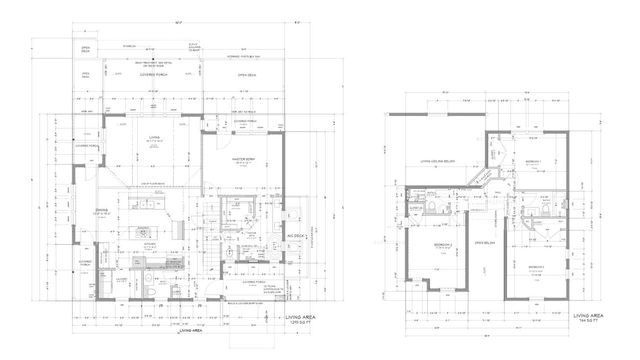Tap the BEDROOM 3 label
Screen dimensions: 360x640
click(x=535, y=267)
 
